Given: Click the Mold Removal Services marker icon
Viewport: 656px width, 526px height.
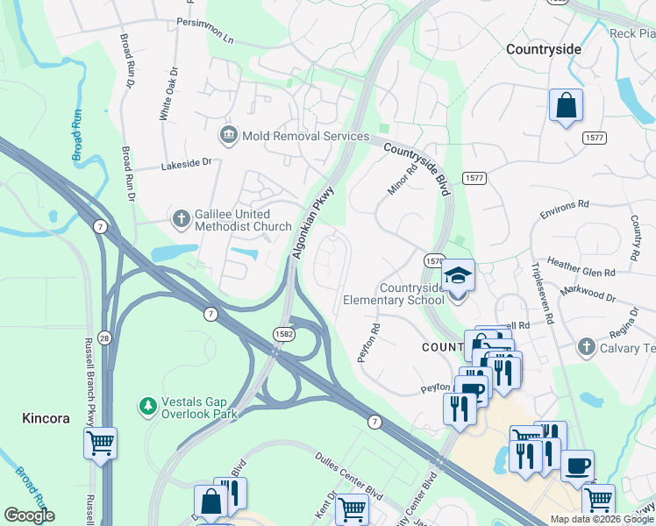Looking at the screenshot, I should coord(228,136).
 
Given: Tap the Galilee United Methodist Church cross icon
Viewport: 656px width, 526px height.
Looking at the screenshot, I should coord(182,218).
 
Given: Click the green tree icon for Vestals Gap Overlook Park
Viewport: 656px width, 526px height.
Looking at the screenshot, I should coord(148,406).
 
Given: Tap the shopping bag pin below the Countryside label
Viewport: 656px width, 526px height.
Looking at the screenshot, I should coord(567,106).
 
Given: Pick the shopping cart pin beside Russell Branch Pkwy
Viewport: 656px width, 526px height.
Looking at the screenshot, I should coord(100,443).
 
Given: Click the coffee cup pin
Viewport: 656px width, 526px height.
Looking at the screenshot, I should coord(577,466).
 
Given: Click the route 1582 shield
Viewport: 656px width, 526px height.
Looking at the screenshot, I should coord(283,334).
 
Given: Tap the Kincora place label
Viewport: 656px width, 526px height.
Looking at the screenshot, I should coord(46,419).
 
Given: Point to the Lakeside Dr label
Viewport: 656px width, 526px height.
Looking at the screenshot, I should coord(187,163).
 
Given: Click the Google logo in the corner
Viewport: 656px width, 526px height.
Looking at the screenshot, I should coord(29,515).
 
